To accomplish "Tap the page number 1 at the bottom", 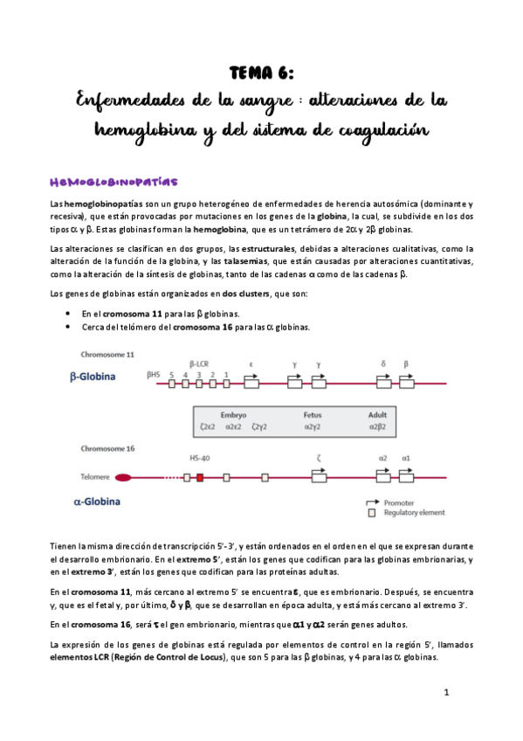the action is (446, 693).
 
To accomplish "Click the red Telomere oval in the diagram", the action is (123, 478).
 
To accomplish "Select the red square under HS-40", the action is (199, 478).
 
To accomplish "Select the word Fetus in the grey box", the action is (313, 415).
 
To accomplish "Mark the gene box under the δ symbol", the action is (383, 384).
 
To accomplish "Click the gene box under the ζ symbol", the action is (320, 478).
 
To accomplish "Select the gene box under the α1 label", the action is (407, 478).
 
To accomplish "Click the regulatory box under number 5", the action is (172, 384).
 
